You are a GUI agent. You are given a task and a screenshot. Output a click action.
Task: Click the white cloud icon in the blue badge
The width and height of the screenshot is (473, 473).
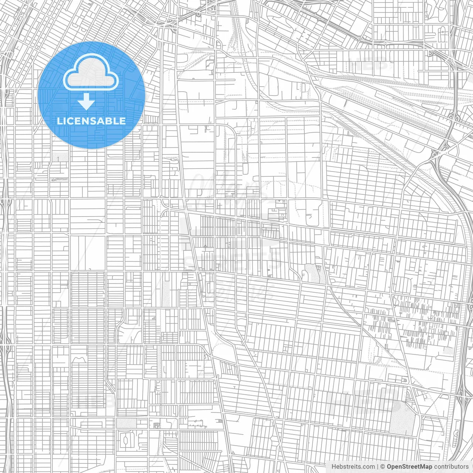tap(91, 73)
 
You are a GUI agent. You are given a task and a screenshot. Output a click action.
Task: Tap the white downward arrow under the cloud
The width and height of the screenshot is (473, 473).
tap(86, 101)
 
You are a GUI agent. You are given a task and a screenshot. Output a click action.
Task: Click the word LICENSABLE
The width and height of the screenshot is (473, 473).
tap(91, 121)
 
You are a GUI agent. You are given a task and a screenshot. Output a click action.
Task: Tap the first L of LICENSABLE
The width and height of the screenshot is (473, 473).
tap(59, 121)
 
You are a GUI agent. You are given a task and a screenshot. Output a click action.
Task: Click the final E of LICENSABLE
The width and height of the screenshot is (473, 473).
tap(123, 121)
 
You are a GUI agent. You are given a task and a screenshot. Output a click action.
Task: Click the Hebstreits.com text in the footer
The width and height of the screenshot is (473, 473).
tap(353, 467)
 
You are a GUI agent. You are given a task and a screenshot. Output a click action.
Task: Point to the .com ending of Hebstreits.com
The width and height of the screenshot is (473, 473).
tap(368, 467)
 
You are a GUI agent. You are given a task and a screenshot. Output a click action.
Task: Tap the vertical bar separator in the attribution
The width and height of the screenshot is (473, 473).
tap(377, 467)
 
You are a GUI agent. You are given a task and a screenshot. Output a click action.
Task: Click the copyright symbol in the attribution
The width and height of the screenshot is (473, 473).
tap(383, 467)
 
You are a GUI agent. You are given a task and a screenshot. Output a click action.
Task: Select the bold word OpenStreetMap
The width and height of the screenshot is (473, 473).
tap(409, 467)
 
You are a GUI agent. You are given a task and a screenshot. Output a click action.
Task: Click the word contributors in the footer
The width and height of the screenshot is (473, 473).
tap(451, 467)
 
